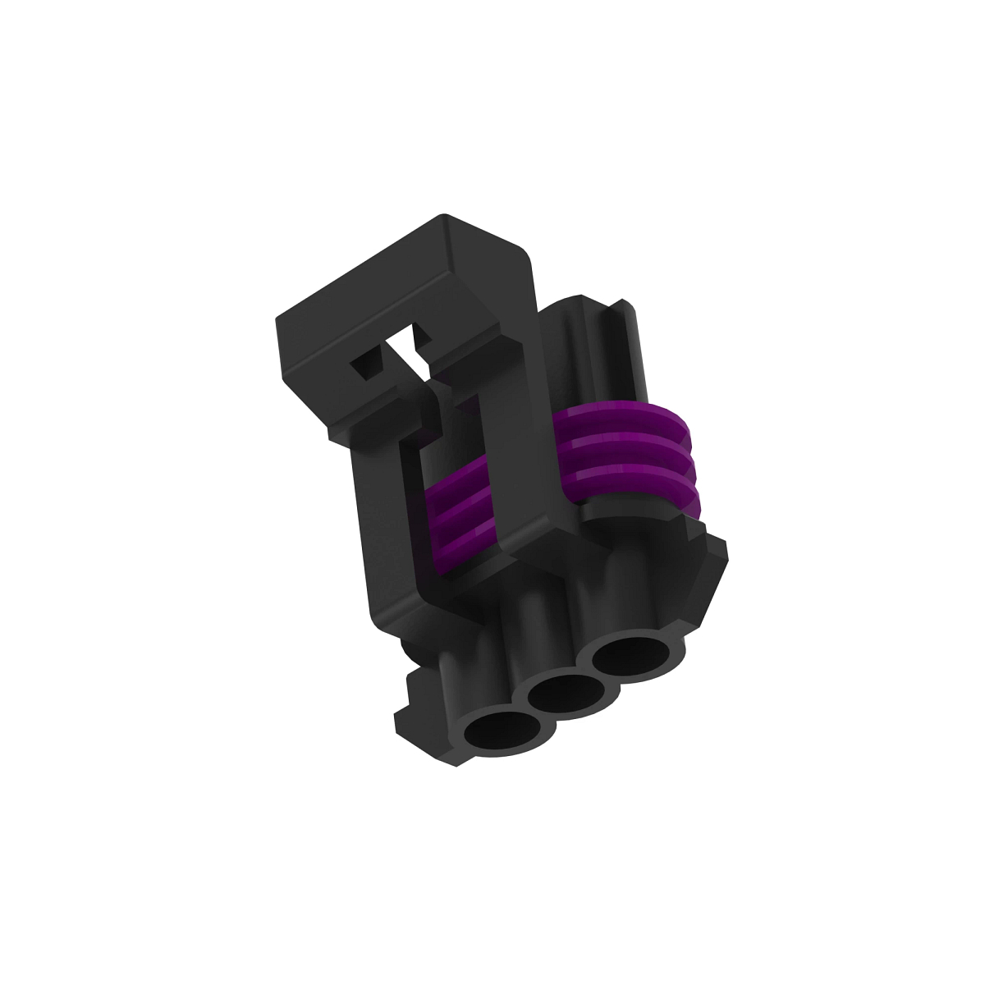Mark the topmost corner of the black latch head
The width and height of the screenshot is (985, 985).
(444, 217)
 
